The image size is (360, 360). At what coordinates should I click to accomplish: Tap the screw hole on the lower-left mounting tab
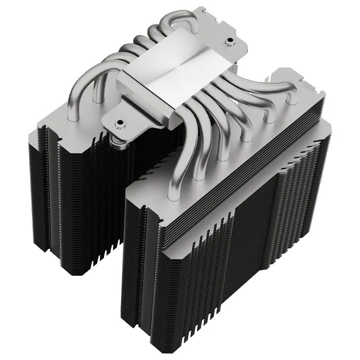tap(120, 122)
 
